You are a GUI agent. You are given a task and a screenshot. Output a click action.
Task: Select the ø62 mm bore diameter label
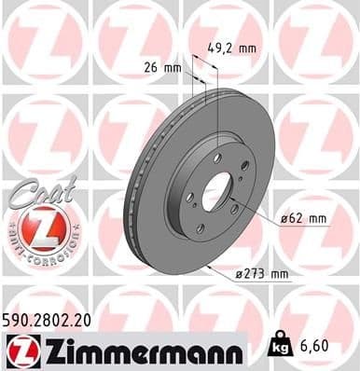coord(304,219)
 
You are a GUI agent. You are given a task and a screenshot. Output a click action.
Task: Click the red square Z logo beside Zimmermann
coord(19,350)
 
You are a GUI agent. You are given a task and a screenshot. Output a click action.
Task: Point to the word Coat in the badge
coord(35,190)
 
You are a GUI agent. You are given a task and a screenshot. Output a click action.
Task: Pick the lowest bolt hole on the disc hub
coord(200,228)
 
